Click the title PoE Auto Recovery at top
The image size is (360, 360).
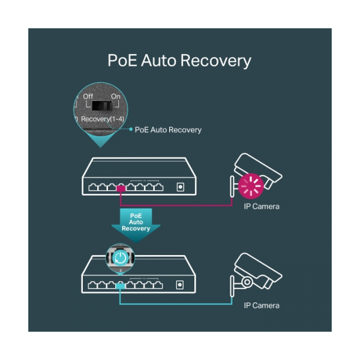(x=179, y=61)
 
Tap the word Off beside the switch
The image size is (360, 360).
(x=88, y=97)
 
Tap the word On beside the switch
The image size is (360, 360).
(x=116, y=97)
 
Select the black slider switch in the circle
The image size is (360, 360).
(x=102, y=106)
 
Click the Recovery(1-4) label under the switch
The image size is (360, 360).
(x=103, y=119)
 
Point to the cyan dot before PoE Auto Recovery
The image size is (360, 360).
(x=131, y=130)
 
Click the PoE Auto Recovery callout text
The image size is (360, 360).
(x=168, y=130)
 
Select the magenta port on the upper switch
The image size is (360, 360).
(x=121, y=188)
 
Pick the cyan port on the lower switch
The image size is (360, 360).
(x=121, y=286)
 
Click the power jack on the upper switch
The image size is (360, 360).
(x=181, y=187)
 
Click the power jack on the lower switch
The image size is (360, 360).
(x=180, y=285)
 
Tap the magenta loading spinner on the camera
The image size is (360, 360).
(x=251, y=186)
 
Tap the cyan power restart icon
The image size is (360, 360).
(x=121, y=258)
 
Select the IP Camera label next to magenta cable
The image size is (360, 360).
(x=262, y=206)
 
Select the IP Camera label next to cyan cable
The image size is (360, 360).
(x=262, y=305)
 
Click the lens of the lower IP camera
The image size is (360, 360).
(x=247, y=282)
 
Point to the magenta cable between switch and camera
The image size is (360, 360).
(x=175, y=205)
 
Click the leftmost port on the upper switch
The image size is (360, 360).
(x=93, y=187)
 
